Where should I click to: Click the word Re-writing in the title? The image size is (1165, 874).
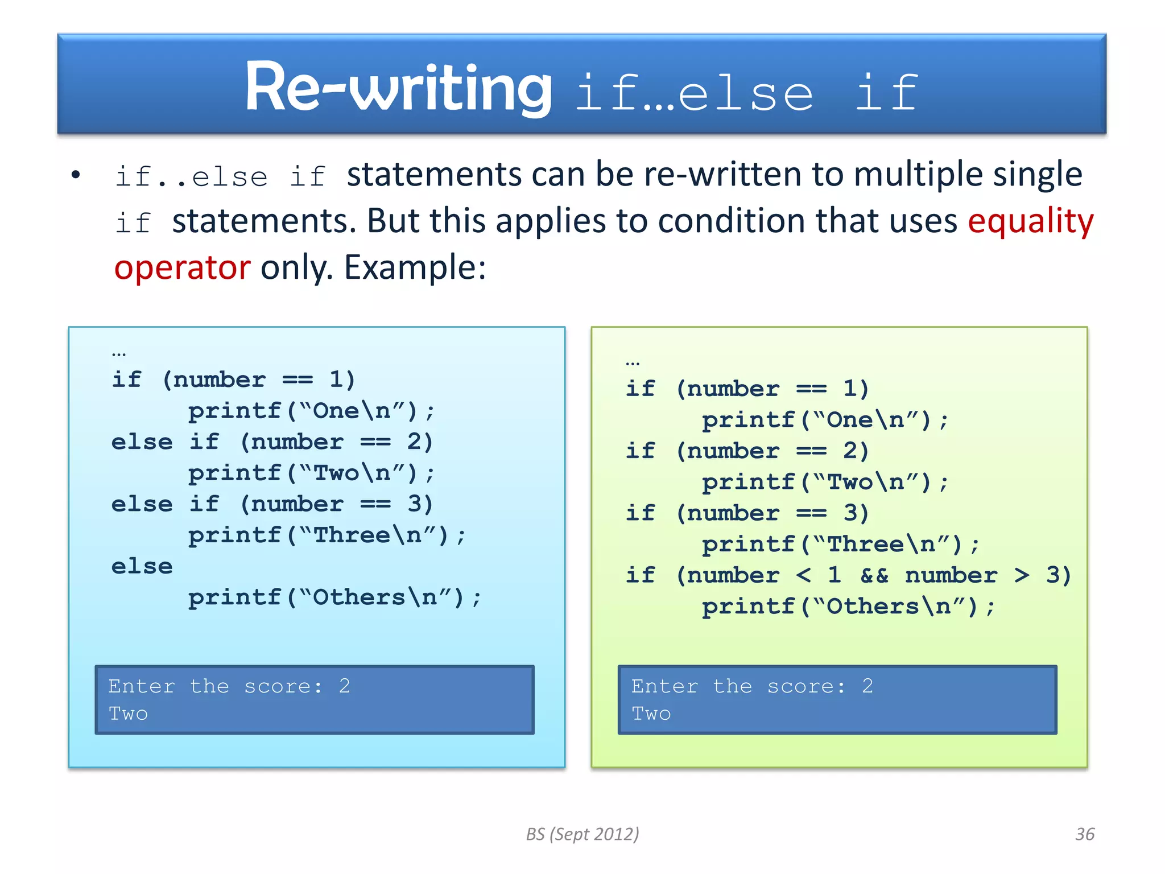click(x=398, y=88)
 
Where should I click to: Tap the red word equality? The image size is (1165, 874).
click(x=1030, y=221)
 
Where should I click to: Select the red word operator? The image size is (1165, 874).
click(x=182, y=267)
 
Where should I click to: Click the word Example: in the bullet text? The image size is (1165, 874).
click(x=415, y=267)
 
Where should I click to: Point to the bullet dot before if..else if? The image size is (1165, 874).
click(x=76, y=175)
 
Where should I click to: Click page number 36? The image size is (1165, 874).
click(x=1084, y=834)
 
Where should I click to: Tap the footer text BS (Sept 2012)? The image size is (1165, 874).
click(x=582, y=834)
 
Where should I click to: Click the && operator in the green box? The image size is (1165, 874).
click(x=874, y=575)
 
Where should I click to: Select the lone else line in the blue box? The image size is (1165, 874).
click(x=142, y=566)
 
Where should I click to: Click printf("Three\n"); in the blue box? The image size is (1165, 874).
click(x=327, y=535)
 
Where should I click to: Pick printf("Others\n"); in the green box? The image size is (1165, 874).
click(x=848, y=607)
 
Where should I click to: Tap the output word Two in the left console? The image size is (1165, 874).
click(x=128, y=714)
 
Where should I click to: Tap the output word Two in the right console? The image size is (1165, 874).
click(x=651, y=714)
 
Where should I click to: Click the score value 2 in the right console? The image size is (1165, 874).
click(x=867, y=686)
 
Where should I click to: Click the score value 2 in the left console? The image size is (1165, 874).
click(x=344, y=686)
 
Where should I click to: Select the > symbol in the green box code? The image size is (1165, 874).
click(x=1022, y=575)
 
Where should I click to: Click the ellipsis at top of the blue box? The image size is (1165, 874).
click(x=119, y=354)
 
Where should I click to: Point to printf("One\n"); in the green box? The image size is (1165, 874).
click(x=825, y=420)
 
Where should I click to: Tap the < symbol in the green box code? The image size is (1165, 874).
click(x=803, y=575)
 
